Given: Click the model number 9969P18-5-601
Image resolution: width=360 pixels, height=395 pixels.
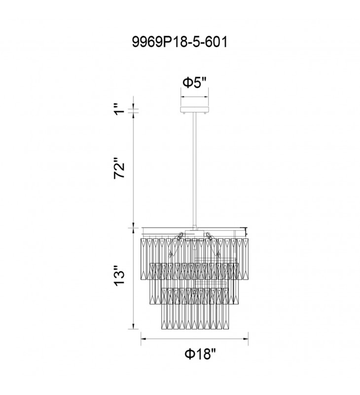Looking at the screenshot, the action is tap(180, 42).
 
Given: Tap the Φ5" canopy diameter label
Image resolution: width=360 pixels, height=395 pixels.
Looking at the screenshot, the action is tap(194, 82).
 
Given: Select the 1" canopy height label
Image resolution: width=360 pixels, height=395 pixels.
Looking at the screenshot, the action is tap(119, 109).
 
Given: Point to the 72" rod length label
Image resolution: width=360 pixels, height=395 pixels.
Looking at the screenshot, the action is tap(119, 168).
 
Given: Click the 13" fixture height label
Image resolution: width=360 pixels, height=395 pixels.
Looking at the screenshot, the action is tap(119, 276).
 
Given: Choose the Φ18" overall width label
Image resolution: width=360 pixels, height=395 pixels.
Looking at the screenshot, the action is tap(200, 354).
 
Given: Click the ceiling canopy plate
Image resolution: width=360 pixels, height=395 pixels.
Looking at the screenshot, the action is tap(194, 110).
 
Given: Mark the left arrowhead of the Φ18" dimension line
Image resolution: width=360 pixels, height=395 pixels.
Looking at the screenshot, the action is tap(144, 339).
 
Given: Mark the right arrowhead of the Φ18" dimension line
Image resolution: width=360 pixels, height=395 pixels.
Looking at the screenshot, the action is tap(246, 339).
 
